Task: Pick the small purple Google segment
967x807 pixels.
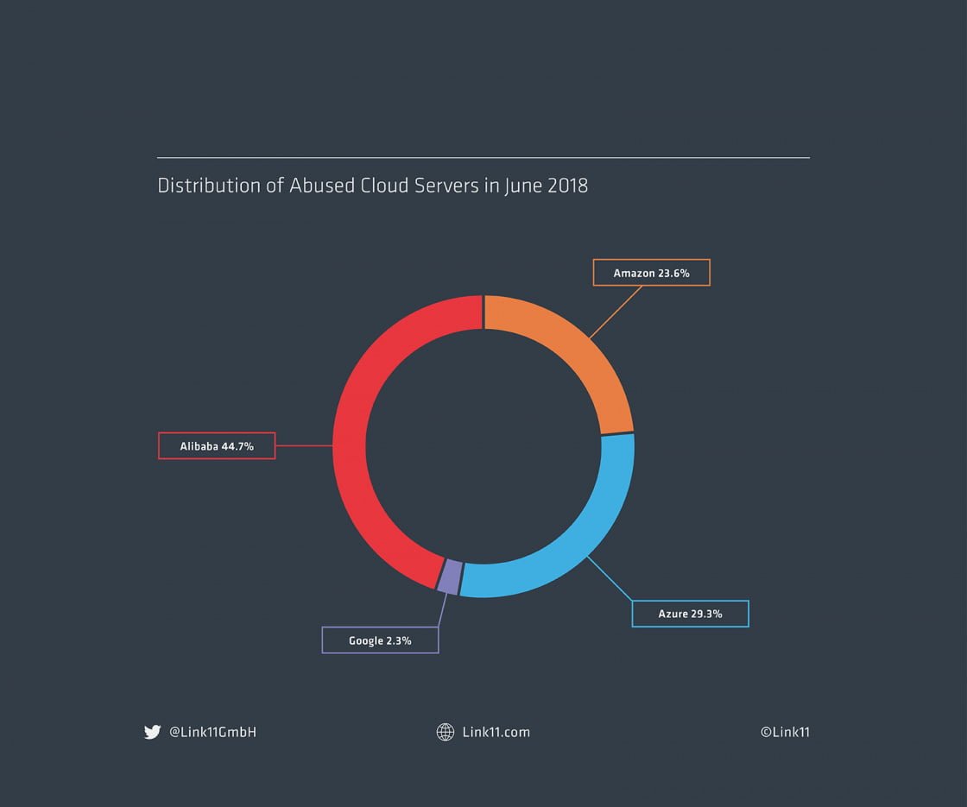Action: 448,577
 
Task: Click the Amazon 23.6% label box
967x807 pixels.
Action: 651,273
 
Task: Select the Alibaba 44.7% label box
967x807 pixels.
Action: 217,446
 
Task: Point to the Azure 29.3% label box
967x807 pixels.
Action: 690,614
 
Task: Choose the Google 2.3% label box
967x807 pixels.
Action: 380,640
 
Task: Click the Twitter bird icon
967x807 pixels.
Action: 152,732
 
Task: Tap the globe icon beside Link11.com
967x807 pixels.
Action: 446,732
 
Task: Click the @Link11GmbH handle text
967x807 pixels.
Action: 212,732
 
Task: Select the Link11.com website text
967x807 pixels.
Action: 496,732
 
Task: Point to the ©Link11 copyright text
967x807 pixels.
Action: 785,732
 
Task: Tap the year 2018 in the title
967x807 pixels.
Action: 567,186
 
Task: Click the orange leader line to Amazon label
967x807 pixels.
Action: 616,312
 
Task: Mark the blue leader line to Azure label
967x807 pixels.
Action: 610,579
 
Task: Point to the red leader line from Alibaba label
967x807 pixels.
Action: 304,446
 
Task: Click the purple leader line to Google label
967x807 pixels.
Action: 442,611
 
